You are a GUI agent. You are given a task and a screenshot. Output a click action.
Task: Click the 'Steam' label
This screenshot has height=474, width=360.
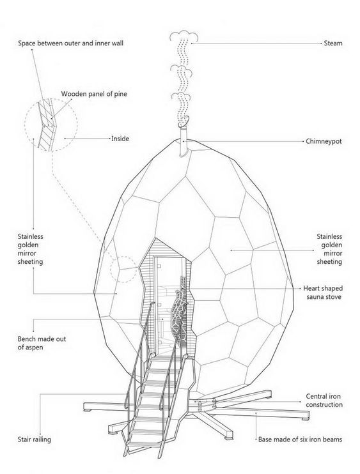point(333,43)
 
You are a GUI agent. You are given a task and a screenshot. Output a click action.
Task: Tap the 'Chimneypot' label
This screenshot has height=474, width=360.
point(324,141)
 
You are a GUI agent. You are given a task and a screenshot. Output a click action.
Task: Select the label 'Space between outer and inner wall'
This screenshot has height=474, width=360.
point(70,43)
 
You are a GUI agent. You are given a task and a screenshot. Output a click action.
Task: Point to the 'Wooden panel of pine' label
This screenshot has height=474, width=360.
point(94,94)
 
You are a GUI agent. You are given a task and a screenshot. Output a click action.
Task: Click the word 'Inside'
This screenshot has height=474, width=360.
point(120,139)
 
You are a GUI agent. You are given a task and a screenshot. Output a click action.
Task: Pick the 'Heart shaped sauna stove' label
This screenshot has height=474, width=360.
point(323,293)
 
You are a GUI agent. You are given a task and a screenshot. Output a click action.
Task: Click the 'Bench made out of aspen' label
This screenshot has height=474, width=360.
point(42,343)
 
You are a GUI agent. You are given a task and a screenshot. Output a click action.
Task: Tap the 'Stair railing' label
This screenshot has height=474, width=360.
point(34,440)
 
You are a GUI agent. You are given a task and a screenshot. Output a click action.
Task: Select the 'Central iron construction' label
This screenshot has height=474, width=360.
point(324,401)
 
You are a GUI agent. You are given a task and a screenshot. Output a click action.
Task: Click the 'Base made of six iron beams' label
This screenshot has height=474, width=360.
point(300,440)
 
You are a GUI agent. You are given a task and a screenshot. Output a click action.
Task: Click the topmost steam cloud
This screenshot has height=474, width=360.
point(184,36)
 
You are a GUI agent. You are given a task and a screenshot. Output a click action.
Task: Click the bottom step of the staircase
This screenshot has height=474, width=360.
point(141,445)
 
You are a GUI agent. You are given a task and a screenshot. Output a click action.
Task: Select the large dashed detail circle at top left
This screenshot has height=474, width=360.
point(51,125)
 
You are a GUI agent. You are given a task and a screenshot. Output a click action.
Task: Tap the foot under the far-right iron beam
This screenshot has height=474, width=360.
point(304,419)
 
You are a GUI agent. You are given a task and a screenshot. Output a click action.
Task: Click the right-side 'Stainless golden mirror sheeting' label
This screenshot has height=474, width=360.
point(329,249)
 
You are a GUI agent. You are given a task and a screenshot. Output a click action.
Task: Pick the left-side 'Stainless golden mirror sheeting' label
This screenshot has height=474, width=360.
point(30,249)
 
